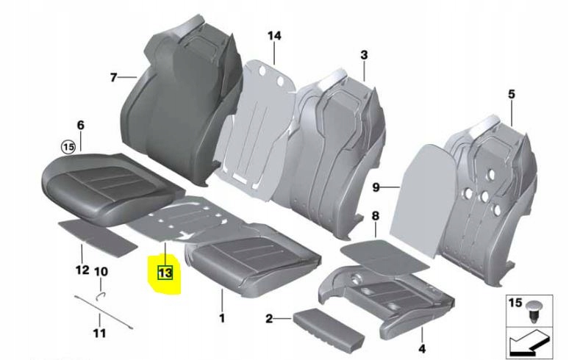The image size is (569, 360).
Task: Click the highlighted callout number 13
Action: click(x=165, y=273)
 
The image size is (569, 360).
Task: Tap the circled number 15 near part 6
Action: click(x=68, y=147)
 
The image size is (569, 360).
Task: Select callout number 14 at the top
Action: click(x=274, y=36)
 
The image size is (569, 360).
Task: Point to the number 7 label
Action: click(x=114, y=77)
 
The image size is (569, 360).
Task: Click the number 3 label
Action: click(x=364, y=55)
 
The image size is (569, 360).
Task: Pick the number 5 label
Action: click(x=512, y=94)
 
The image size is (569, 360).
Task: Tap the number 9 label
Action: click(x=376, y=187)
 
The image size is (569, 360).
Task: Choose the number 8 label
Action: click(x=375, y=216)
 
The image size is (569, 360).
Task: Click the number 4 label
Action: click(x=422, y=349)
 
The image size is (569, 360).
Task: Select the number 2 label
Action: click(x=269, y=319)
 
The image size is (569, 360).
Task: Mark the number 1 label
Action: click(x=222, y=318)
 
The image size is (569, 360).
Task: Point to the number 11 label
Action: click(x=100, y=333)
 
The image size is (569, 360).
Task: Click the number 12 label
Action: click(x=82, y=270)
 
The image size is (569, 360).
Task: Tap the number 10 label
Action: click(x=101, y=271)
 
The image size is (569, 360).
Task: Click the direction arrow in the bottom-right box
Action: click(x=529, y=344)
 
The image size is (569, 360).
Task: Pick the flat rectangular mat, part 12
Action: click(x=98, y=237)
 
